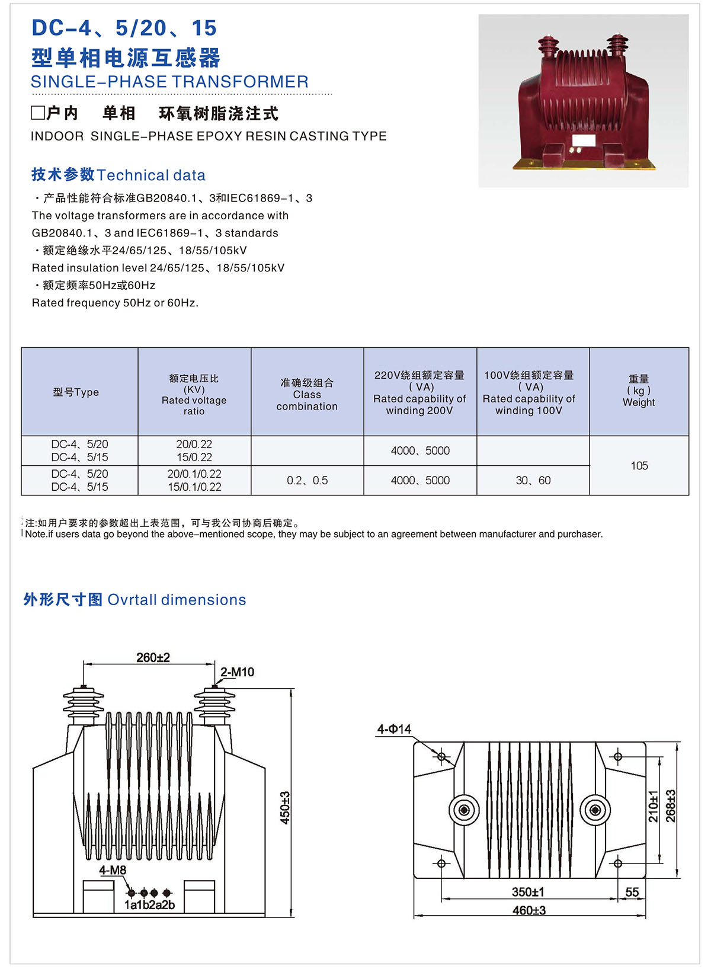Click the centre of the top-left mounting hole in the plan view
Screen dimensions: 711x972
pyautogui.click(x=441, y=757)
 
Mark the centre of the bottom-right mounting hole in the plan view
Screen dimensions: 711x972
pyautogui.click(x=618, y=864)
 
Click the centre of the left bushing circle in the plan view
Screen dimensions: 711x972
pyautogui.click(x=464, y=810)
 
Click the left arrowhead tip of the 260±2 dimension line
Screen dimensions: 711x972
pyautogui.click(x=84, y=663)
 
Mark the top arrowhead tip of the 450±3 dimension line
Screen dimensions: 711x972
pyautogui.click(x=291, y=688)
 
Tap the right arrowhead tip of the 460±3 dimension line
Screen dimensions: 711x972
pyautogui.click(x=646, y=916)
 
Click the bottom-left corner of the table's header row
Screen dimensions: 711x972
pyautogui.click(x=21, y=436)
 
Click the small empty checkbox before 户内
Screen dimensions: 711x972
pyautogui.click(x=38, y=113)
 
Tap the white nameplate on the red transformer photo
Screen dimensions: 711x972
pyautogui.click(x=584, y=140)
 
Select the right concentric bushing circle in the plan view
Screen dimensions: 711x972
pyautogui.click(x=595, y=810)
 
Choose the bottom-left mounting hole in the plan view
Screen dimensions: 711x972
pyautogui.click(x=441, y=864)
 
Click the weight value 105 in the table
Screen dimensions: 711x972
pyautogui.click(x=639, y=466)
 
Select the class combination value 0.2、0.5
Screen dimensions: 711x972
pyautogui.click(x=307, y=480)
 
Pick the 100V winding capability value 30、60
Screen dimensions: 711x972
pyautogui.click(x=533, y=480)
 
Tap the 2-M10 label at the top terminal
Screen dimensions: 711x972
pyautogui.click(x=237, y=672)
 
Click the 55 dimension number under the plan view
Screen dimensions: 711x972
pyautogui.click(x=632, y=892)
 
